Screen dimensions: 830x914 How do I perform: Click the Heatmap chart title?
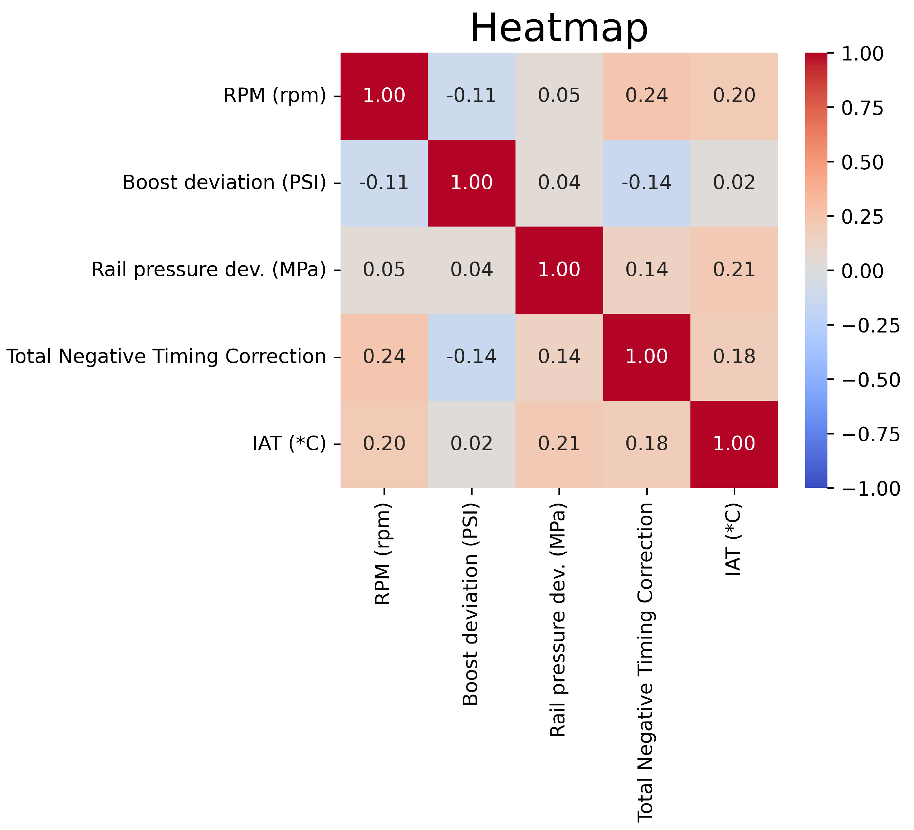point(559,29)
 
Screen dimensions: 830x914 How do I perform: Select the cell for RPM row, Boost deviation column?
point(471,96)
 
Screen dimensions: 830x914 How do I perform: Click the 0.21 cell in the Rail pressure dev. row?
point(734,270)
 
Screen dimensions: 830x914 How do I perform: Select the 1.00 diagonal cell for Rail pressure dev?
point(559,270)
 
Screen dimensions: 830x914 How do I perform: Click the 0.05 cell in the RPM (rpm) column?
point(384,270)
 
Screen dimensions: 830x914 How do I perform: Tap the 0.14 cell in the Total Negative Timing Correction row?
point(559,356)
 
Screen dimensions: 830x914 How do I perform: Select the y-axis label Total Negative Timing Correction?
point(166,356)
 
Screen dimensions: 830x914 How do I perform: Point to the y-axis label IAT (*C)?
point(289,443)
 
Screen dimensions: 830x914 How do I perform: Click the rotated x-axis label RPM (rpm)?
point(383,553)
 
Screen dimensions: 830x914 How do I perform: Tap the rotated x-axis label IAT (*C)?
point(733,540)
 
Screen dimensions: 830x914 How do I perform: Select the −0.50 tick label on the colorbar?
point(870,380)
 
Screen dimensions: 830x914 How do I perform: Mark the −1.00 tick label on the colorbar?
point(870,489)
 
